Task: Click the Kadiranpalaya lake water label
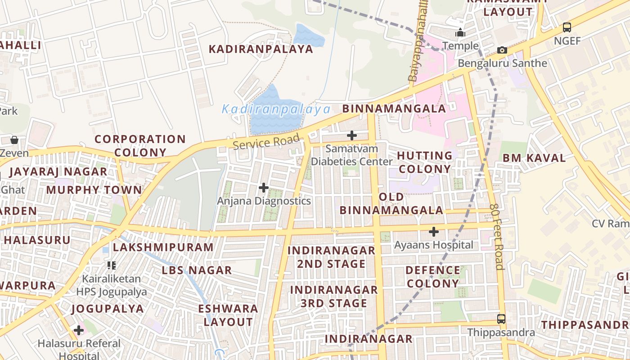pos(276,109)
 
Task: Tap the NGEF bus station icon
pos(567,27)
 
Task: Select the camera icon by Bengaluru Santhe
pos(502,50)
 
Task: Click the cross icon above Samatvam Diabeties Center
pos(352,135)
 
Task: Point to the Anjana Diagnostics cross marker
pos(264,187)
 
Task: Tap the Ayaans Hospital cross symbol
pos(433,232)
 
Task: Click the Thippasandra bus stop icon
pos(501,319)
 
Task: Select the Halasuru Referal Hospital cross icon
pos(79,330)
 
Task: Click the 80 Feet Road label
pos(497,237)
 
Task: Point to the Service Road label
pos(266,142)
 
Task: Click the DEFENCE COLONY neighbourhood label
pos(432,277)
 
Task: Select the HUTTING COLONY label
pos(424,162)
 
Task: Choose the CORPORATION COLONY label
pos(140,146)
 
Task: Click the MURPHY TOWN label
pos(94,190)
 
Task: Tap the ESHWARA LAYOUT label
pos(228,315)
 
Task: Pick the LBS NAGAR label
pos(197,270)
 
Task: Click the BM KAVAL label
pos(534,158)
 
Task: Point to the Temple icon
pos(460,33)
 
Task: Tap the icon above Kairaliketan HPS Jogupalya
pos(112,265)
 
